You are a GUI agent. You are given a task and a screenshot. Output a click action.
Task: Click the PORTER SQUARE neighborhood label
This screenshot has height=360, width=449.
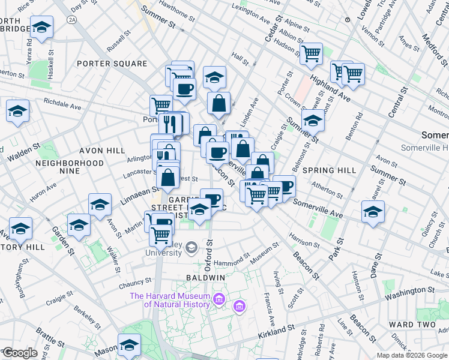pyautogui.click(x=111, y=64)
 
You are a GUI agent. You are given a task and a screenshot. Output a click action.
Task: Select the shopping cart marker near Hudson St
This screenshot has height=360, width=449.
pyautogui.click(x=311, y=53)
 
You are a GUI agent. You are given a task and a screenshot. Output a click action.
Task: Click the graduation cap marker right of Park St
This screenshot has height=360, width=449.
pyautogui.click(x=373, y=211)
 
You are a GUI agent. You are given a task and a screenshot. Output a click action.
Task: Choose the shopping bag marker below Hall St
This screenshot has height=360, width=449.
pyautogui.click(x=219, y=103)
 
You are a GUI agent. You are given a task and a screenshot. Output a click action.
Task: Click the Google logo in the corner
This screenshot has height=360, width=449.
pyautogui.click(x=20, y=352)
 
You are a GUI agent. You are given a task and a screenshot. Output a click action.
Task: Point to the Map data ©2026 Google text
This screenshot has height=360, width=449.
pyautogui.click(x=412, y=355)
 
